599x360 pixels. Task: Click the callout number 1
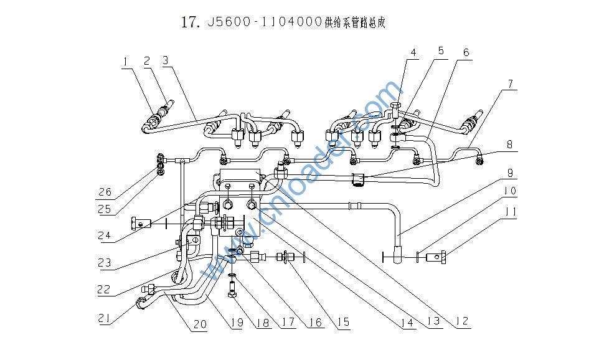126,61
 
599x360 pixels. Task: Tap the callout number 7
510,83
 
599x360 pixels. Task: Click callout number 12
461,322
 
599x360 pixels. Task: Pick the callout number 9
510,172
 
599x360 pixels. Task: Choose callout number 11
510,212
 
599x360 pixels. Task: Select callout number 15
343,323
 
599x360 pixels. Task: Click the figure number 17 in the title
189,22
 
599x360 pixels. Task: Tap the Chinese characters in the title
355,22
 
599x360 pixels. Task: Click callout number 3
166,61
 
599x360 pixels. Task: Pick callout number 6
466,52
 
